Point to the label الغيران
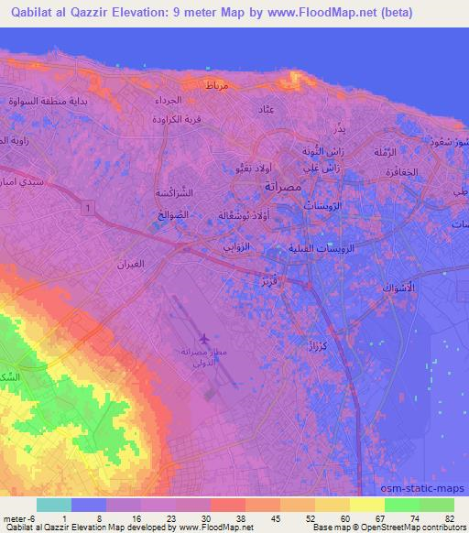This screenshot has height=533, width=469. [131, 264]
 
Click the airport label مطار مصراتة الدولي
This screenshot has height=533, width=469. [204, 356]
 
